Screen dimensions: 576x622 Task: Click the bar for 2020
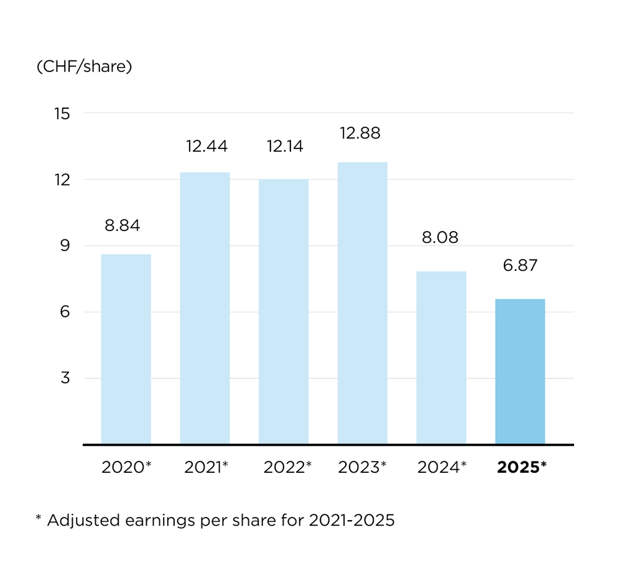(126, 349)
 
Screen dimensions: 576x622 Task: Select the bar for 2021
(205, 308)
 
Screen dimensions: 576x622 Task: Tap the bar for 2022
(284, 312)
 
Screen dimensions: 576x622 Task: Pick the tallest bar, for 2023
(363, 303)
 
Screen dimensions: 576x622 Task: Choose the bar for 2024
(441, 358)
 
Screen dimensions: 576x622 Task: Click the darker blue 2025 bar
(520, 372)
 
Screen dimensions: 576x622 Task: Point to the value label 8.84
(123, 226)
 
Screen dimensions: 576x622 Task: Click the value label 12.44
(207, 147)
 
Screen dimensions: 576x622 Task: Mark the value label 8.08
(440, 237)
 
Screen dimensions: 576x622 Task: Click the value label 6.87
(519, 265)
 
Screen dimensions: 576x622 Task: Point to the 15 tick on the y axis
(62, 114)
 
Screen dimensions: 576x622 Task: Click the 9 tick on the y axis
(65, 246)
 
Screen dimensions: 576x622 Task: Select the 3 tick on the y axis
(65, 378)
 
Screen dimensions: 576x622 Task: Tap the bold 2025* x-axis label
(521, 467)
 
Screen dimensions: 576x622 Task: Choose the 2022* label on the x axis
(287, 467)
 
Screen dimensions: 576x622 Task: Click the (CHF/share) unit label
(85, 67)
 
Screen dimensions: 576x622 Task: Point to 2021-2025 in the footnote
(351, 520)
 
